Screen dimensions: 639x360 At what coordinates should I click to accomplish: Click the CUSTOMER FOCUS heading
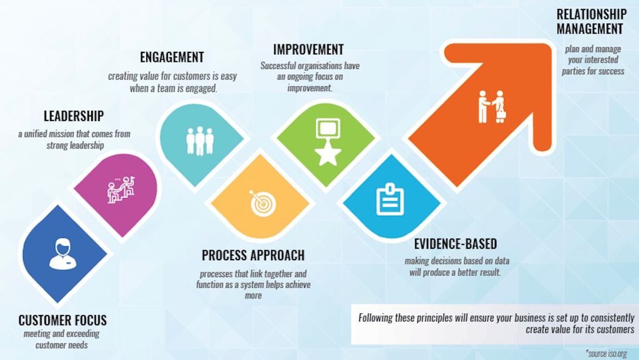point(62,320)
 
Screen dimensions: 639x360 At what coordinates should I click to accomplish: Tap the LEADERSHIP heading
point(74,116)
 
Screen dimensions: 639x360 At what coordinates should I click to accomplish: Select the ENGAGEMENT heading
point(172,57)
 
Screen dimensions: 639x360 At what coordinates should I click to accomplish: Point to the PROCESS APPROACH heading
point(253,255)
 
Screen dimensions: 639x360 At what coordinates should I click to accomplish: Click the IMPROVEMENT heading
point(308,50)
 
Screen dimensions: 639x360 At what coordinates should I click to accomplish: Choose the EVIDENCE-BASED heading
point(456,244)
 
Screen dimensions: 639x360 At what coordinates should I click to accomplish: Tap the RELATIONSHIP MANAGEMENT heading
point(592,22)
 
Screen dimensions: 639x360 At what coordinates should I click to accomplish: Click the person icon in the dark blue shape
point(63,254)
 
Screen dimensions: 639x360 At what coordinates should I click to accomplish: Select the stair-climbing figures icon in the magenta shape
point(120,190)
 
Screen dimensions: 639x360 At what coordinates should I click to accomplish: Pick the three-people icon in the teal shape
point(200,141)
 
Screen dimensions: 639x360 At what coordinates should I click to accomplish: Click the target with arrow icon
point(263,203)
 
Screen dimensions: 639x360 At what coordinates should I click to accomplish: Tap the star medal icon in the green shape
point(328,142)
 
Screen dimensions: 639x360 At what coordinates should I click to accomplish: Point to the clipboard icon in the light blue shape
point(390,199)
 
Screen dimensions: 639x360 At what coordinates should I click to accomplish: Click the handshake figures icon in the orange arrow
point(492,107)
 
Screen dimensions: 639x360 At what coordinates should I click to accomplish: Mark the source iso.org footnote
point(607,353)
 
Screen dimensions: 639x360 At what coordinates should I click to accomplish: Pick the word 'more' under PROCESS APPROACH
point(253,296)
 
